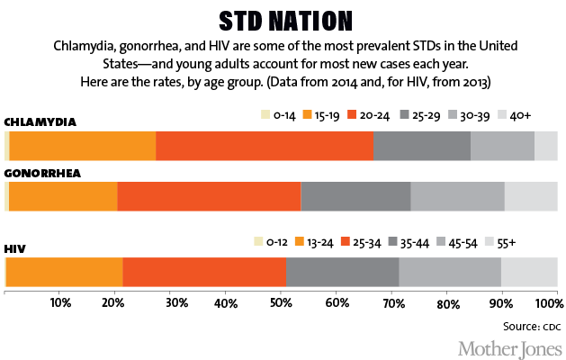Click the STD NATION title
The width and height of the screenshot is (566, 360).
click(283, 21)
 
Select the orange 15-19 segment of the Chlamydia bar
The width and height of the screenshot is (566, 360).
click(83, 146)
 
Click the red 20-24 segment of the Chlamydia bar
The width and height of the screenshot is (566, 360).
click(265, 146)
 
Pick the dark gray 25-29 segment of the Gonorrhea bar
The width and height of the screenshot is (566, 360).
click(355, 195)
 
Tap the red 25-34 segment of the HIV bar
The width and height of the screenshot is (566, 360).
click(204, 271)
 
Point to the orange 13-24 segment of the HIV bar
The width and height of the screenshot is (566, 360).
click(64, 271)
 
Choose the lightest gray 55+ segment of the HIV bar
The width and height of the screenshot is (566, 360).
click(529, 271)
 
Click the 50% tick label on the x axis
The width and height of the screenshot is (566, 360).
click(281, 302)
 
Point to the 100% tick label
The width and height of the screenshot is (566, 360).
click(544, 302)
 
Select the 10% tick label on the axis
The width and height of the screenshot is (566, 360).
click(60, 302)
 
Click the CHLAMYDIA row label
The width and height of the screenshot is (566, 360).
click(40, 121)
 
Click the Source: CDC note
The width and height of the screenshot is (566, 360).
click(530, 321)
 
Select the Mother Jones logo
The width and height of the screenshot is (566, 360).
click(509, 346)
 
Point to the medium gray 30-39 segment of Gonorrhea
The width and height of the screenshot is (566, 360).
click(457, 195)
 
